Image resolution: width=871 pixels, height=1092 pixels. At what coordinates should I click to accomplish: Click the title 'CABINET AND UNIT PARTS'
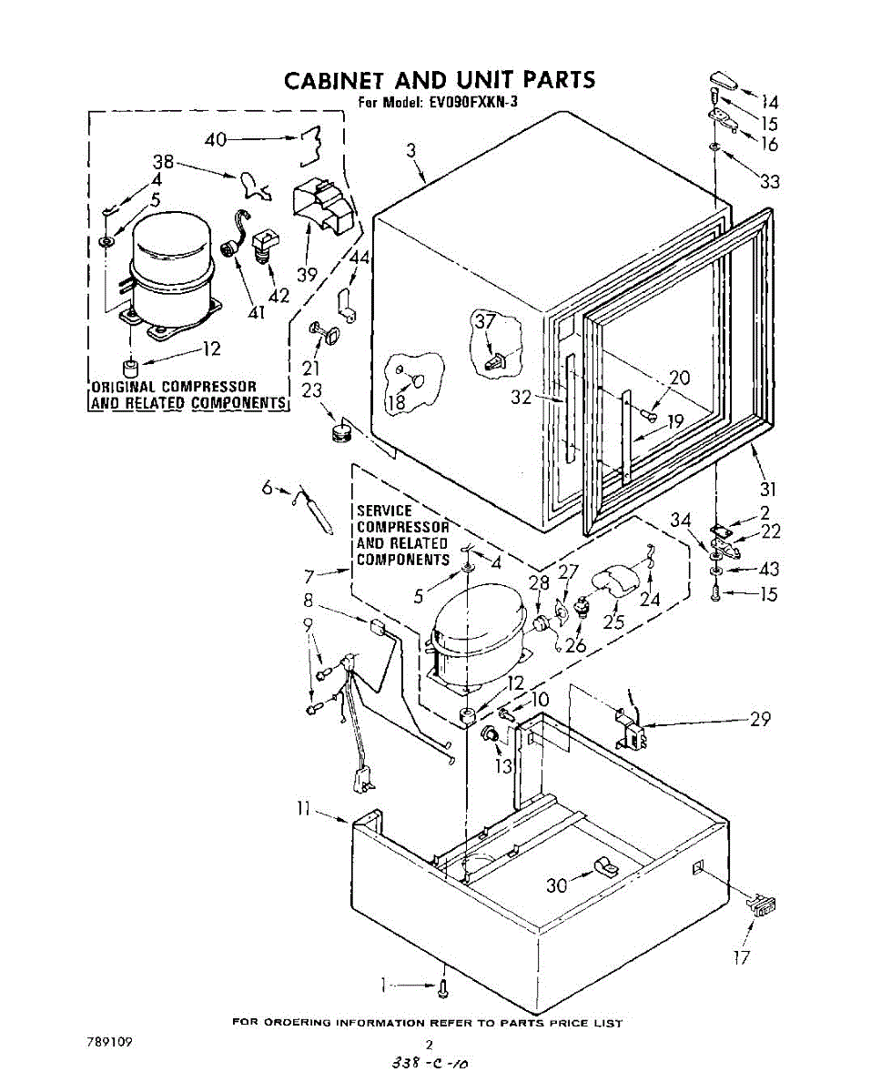point(440,79)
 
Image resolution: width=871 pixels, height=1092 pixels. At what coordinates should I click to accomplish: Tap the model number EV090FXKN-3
point(471,103)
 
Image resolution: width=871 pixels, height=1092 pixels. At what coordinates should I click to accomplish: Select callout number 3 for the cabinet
point(410,150)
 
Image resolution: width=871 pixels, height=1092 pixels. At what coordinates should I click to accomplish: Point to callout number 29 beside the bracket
point(760,719)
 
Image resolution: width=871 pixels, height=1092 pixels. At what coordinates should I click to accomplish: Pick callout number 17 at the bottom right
point(742,956)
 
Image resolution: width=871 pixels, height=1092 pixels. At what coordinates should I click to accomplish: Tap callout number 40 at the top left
point(216,139)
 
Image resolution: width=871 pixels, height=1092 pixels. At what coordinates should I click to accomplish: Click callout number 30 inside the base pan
point(557,884)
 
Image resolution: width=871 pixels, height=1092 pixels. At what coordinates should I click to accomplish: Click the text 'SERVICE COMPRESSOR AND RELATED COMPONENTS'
point(402,535)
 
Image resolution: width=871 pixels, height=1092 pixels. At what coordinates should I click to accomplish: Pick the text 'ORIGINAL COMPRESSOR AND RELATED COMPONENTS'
point(187,395)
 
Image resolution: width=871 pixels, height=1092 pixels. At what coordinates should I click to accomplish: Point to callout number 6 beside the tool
point(267,488)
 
